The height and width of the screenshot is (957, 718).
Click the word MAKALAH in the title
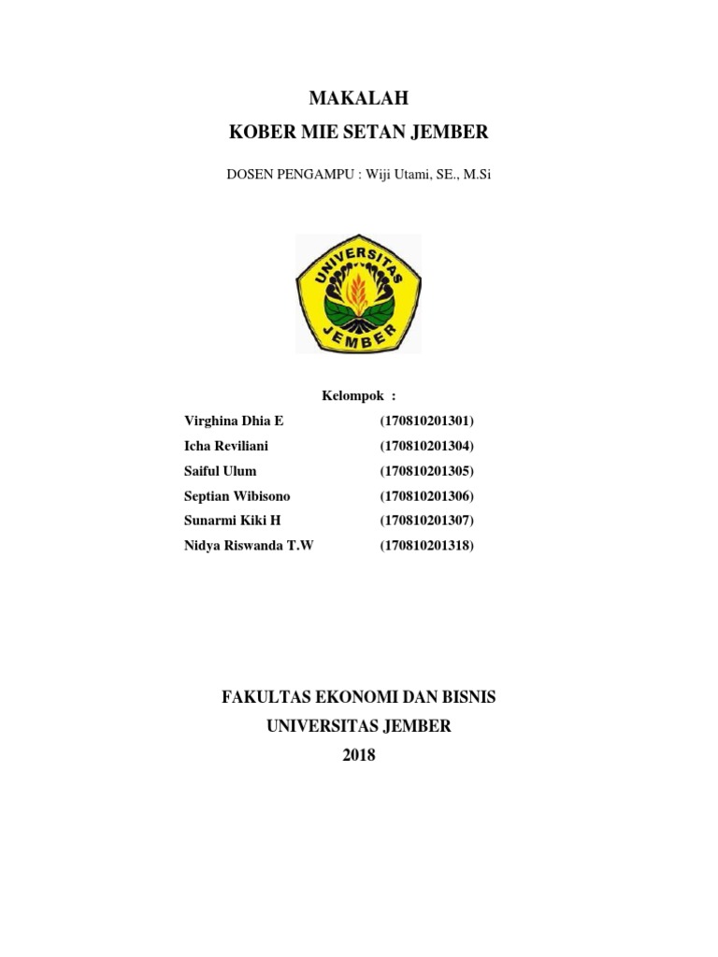pos(359,98)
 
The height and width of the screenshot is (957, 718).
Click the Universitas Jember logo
pos(359,293)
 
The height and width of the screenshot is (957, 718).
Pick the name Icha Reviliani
pos(227,446)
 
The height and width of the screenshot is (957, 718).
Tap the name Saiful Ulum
pos(221,471)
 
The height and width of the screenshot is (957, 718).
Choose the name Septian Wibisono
pos(238,496)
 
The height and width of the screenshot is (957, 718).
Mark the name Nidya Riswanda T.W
pos(250,546)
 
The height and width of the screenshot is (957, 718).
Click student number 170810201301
pos(427,421)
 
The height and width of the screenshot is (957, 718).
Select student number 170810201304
pos(427,446)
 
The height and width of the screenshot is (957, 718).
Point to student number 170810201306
pos(427,496)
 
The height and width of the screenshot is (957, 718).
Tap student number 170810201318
pos(427,546)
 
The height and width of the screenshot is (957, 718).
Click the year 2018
pos(359,755)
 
